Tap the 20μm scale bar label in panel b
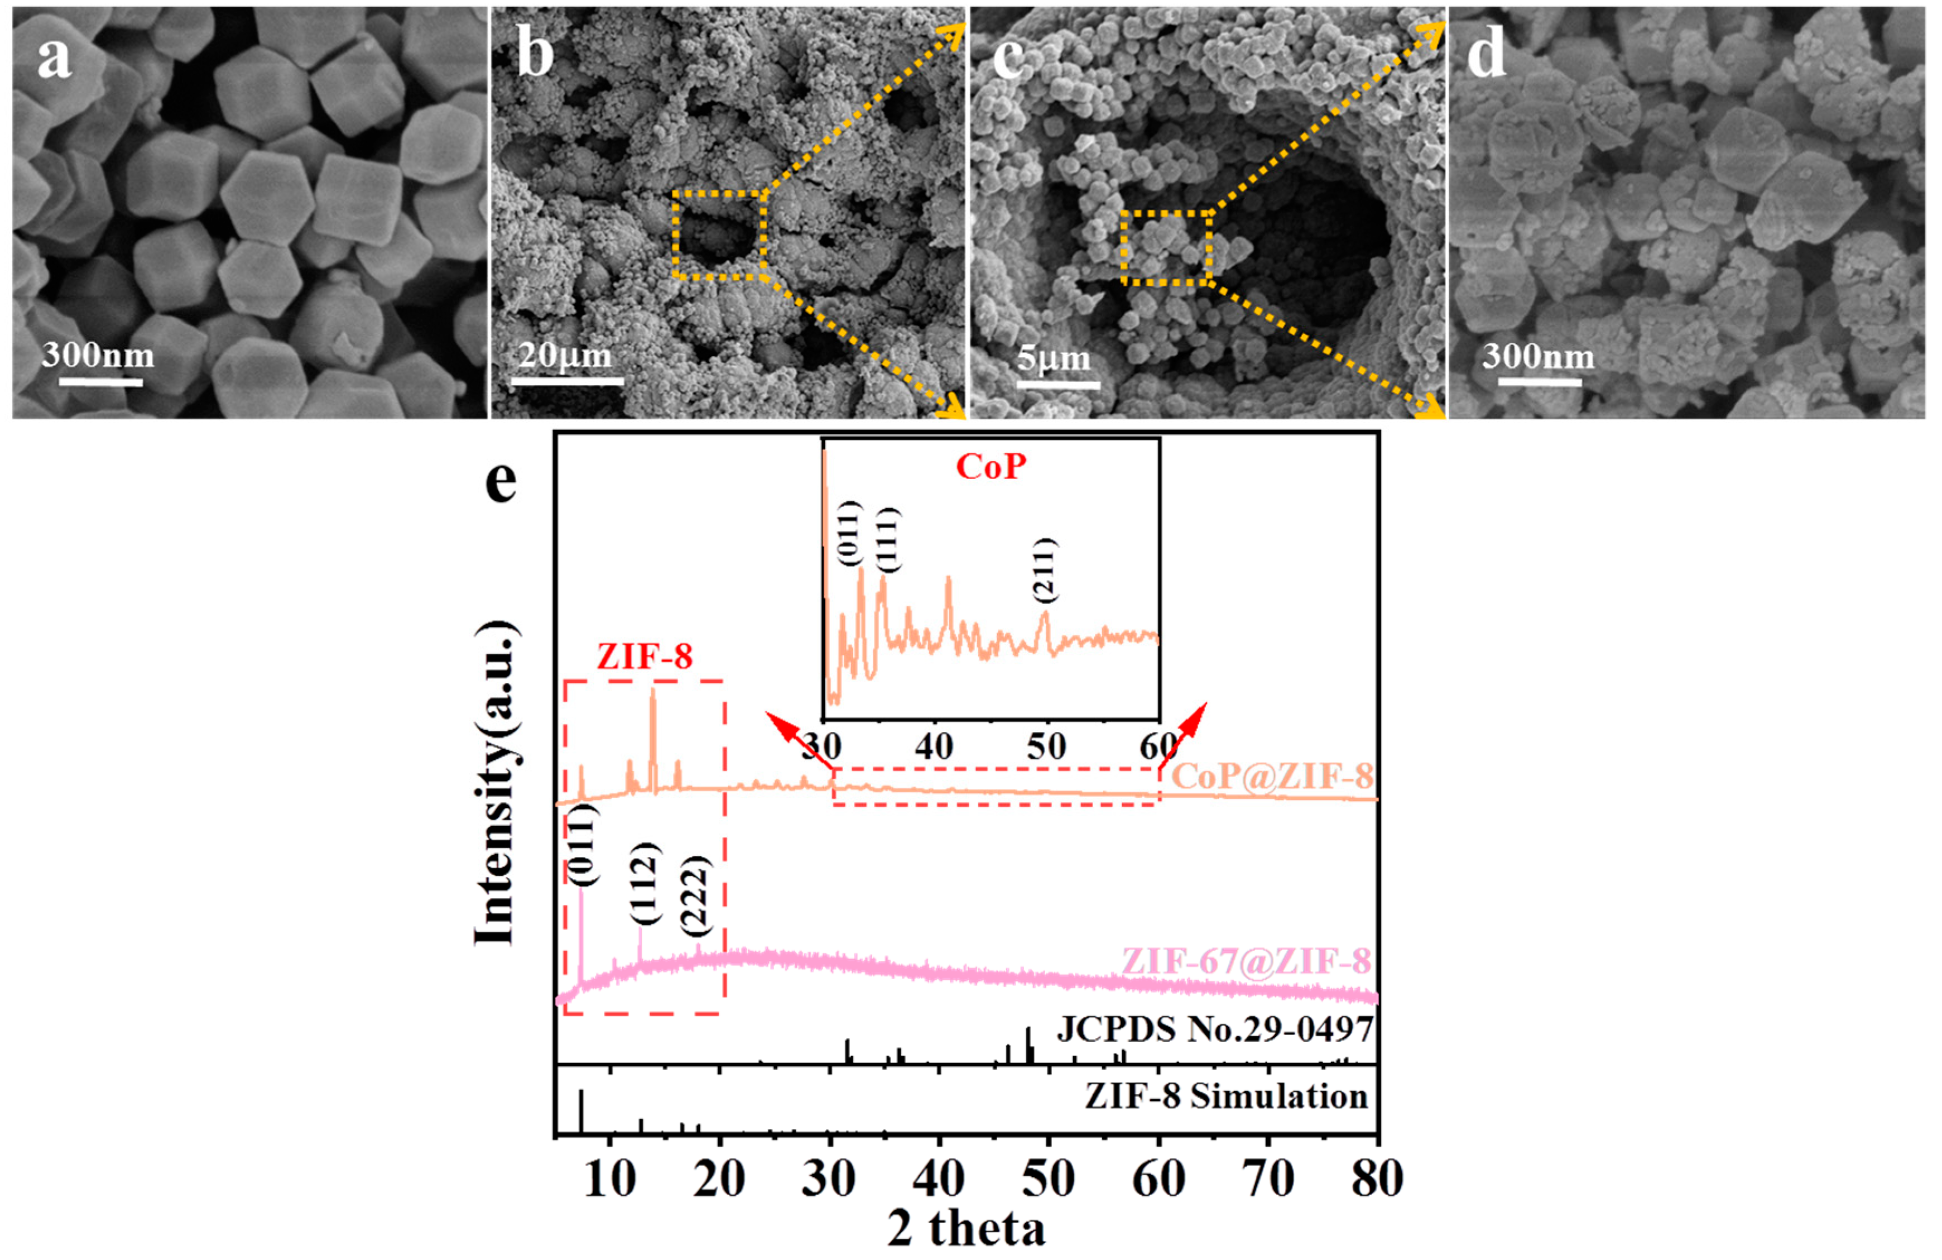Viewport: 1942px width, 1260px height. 565,356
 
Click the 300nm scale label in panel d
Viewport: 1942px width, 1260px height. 1538,356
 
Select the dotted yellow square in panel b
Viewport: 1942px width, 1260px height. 719,235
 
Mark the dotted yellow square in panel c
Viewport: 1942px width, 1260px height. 1165,248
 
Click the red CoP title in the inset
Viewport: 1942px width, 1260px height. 991,467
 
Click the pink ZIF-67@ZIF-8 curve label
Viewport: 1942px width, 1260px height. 1246,962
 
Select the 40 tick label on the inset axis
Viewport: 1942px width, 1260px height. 934,746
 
